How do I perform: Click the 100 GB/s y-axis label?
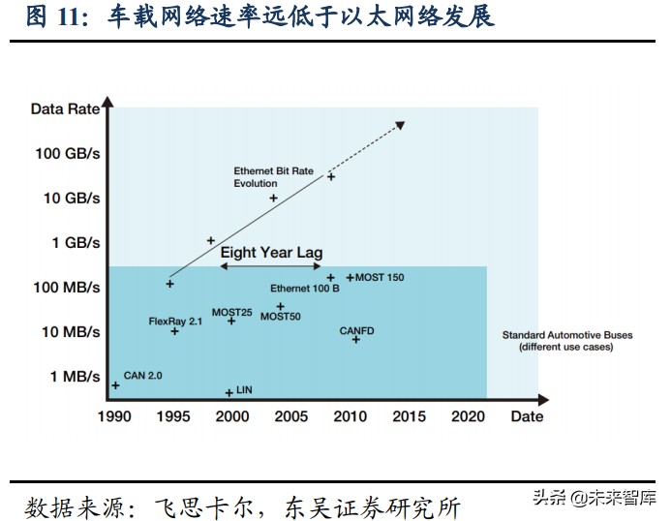point(67,153)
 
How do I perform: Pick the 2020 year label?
point(470,416)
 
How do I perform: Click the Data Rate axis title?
point(65,108)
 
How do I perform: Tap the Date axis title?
point(527,416)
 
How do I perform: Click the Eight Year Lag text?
point(271,253)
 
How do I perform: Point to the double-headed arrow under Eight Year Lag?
point(271,266)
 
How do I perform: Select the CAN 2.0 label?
point(142,375)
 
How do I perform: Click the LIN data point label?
point(244,389)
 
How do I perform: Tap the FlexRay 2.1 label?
point(175,321)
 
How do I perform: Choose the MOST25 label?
point(231,312)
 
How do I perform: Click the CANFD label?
point(356,331)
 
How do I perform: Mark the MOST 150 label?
point(380,278)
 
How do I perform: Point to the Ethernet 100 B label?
point(304,289)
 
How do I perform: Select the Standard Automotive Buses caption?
point(566,341)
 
